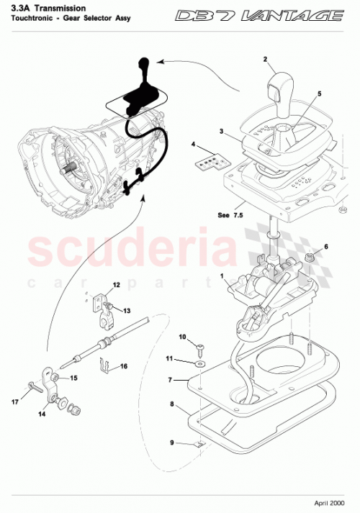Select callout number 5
pos(320,94)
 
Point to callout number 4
pos(193,145)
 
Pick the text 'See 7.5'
pos(230,214)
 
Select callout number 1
pos(223,275)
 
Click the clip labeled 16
pos(106,369)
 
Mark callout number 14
pos(41,415)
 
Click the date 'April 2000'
pos(330,504)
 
